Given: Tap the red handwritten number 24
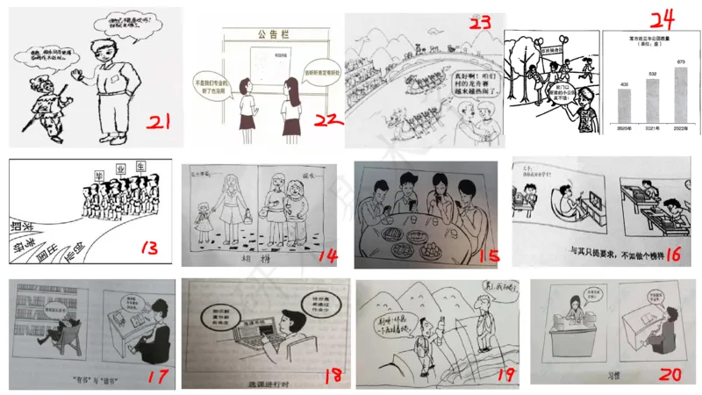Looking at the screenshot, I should pos(652,20).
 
